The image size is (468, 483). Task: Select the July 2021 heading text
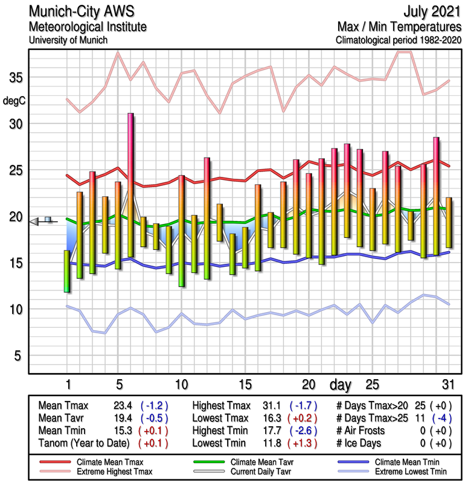[431, 12]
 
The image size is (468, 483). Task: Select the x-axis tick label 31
[447, 385]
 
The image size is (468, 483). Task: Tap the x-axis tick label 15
[245, 385]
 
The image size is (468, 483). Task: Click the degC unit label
[15, 101]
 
